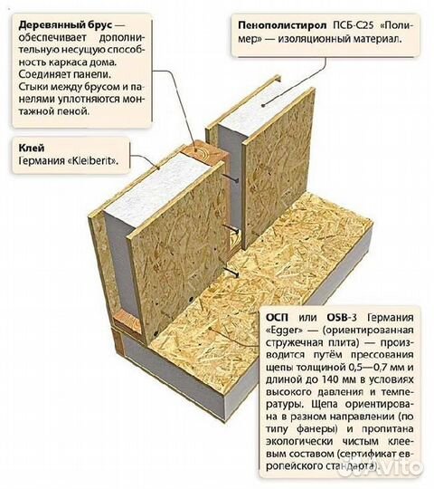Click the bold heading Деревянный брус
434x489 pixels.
[x=65, y=25]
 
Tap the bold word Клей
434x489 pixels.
[x=32, y=148]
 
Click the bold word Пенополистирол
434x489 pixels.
[x=282, y=25]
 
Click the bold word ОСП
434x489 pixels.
[x=277, y=318]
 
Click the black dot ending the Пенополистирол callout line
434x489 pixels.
[x=263, y=105]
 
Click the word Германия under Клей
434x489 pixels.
[x=42, y=161]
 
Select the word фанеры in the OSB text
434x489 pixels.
[x=317, y=429]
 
